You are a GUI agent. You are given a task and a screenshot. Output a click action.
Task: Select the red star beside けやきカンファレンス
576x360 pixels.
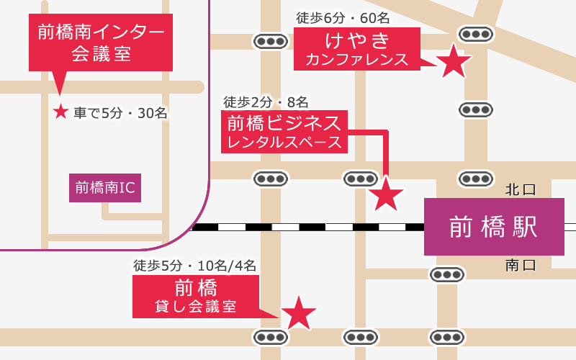click(454, 62)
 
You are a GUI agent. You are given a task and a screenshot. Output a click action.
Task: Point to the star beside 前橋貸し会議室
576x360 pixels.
click(298, 313)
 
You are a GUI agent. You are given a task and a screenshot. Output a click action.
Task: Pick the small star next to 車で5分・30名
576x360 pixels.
click(60, 112)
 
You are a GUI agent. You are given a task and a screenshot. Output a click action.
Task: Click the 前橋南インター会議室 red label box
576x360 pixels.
click(101, 42)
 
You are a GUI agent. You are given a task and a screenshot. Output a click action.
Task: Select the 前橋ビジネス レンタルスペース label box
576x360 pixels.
click(285, 132)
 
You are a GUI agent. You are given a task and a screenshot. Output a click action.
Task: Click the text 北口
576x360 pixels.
click(521, 189)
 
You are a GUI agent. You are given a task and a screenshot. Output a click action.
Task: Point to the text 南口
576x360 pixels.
click(521, 265)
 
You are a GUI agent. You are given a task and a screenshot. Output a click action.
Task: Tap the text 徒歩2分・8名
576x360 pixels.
click(266, 102)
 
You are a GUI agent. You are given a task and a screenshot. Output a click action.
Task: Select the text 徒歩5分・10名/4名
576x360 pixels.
click(194, 265)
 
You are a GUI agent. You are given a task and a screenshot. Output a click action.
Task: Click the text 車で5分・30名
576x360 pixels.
click(121, 112)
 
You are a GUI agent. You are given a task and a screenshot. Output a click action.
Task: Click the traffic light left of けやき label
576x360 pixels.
click(270, 41)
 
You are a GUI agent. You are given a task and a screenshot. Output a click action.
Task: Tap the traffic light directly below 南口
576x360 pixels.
click(446, 274)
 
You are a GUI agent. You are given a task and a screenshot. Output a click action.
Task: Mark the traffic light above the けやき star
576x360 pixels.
click(475, 34)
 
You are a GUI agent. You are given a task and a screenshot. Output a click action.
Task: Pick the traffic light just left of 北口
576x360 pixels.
click(475, 178)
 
